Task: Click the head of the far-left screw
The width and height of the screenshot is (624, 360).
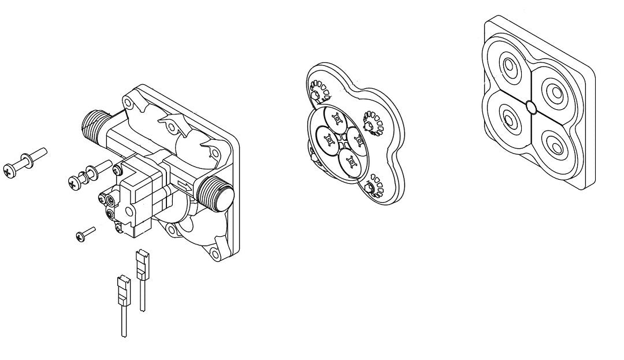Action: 10,170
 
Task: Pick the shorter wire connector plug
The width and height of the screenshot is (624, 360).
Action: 122,289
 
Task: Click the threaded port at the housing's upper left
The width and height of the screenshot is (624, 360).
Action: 95,124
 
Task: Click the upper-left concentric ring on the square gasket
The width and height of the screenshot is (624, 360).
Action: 511,69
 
